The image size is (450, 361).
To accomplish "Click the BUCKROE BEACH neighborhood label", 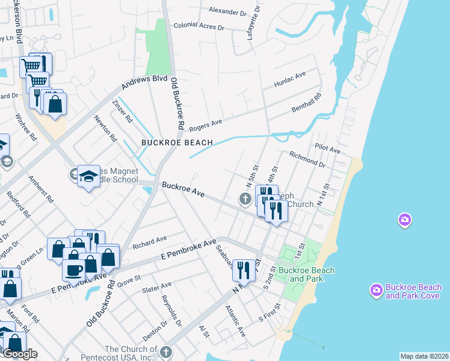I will [177, 143].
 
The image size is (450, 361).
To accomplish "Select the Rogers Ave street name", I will [206, 125].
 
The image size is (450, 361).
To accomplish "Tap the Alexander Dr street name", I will [228, 11].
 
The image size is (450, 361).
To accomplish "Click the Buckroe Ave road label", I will [182, 190].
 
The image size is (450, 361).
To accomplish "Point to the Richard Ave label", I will [149, 242].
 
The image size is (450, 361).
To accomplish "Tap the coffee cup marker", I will [75, 270].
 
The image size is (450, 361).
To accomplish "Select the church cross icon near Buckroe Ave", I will [245, 198].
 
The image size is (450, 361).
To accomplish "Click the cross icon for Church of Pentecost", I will [167, 351].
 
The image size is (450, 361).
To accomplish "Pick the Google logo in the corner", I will [20, 354].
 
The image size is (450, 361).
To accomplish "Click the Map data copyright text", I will [424, 356].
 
